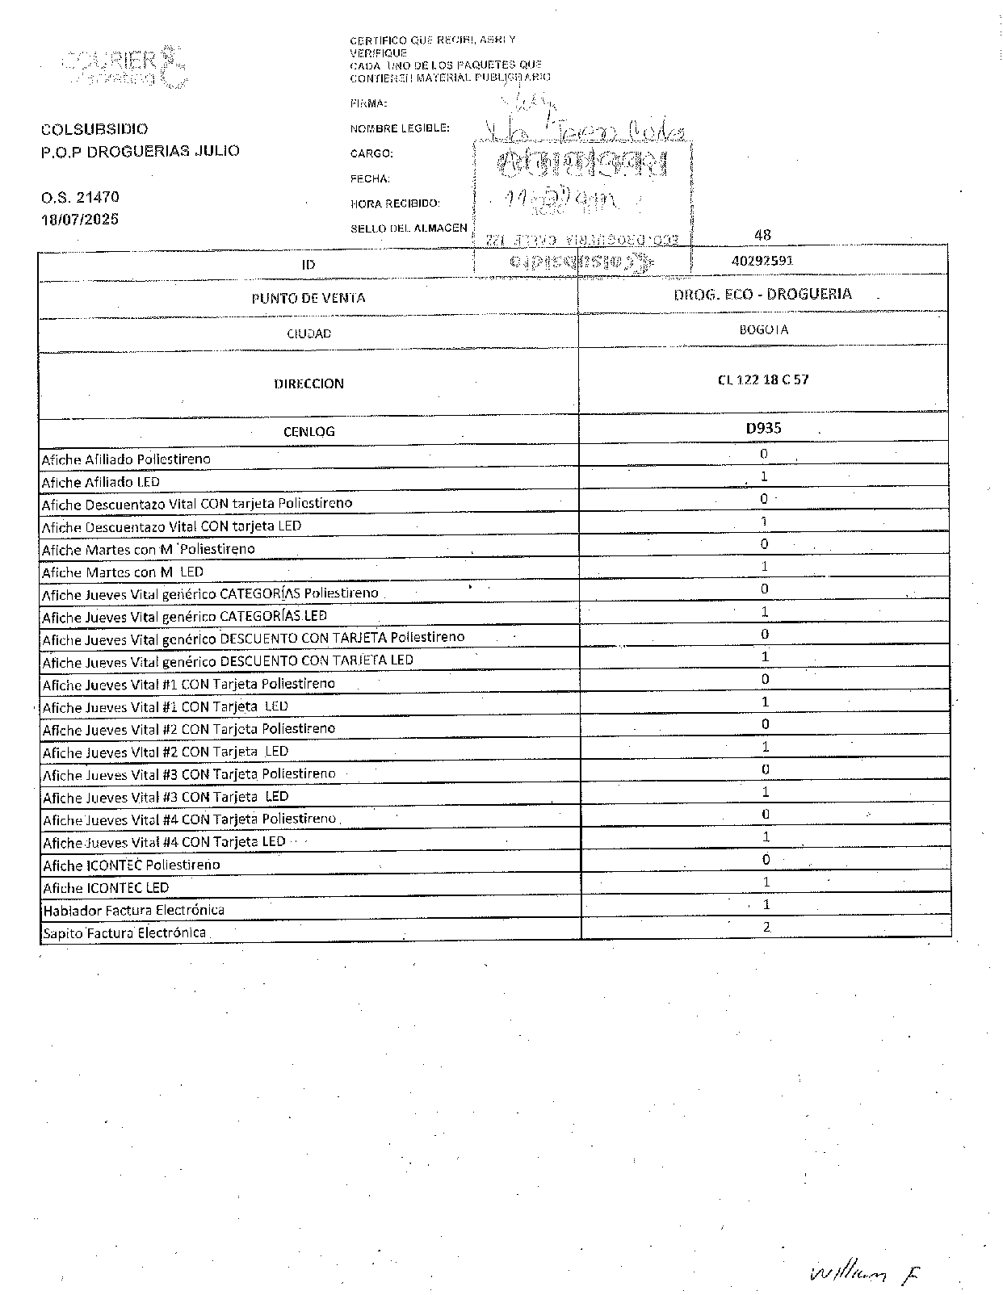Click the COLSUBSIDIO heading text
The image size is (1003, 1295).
point(94,129)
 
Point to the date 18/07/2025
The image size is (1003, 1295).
point(80,219)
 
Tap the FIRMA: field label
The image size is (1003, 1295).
point(368,103)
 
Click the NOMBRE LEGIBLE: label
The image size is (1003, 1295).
point(400,128)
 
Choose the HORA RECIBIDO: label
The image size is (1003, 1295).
point(395,203)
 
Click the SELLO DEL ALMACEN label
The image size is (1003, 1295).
point(409,228)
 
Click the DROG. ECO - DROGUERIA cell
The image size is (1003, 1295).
point(762,294)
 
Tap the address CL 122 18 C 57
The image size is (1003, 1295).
point(762,379)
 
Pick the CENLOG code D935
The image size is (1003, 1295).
point(763,429)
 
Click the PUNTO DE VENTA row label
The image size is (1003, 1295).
point(308,298)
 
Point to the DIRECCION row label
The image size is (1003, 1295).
point(308,383)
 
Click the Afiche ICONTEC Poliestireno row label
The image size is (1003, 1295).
point(131,865)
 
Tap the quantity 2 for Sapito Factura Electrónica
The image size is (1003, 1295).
point(766,927)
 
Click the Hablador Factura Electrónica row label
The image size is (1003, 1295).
point(133,910)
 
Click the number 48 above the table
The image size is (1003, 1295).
point(762,235)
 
